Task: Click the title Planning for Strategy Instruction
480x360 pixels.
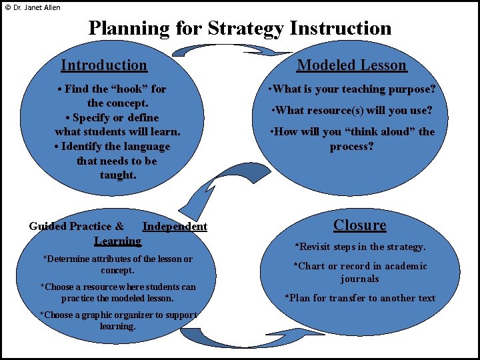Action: (x=240, y=28)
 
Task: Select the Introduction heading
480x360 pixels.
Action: (x=104, y=65)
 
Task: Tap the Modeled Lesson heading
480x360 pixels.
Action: (x=351, y=65)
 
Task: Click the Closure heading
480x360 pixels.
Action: (x=360, y=225)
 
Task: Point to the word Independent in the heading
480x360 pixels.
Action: (x=175, y=227)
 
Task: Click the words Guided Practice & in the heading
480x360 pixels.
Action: (x=76, y=227)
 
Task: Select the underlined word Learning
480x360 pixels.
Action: (x=117, y=241)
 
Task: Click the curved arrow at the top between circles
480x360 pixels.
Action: (x=233, y=51)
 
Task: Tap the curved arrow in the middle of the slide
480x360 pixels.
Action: (x=220, y=187)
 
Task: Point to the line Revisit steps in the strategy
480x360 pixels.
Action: (x=360, y=247)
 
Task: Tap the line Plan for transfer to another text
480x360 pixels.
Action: (x=360, y=298)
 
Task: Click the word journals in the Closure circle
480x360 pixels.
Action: (x=360, y=279)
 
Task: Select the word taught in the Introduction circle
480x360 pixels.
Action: (x=117, y=175)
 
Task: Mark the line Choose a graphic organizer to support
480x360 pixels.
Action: (x=118, y=315)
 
